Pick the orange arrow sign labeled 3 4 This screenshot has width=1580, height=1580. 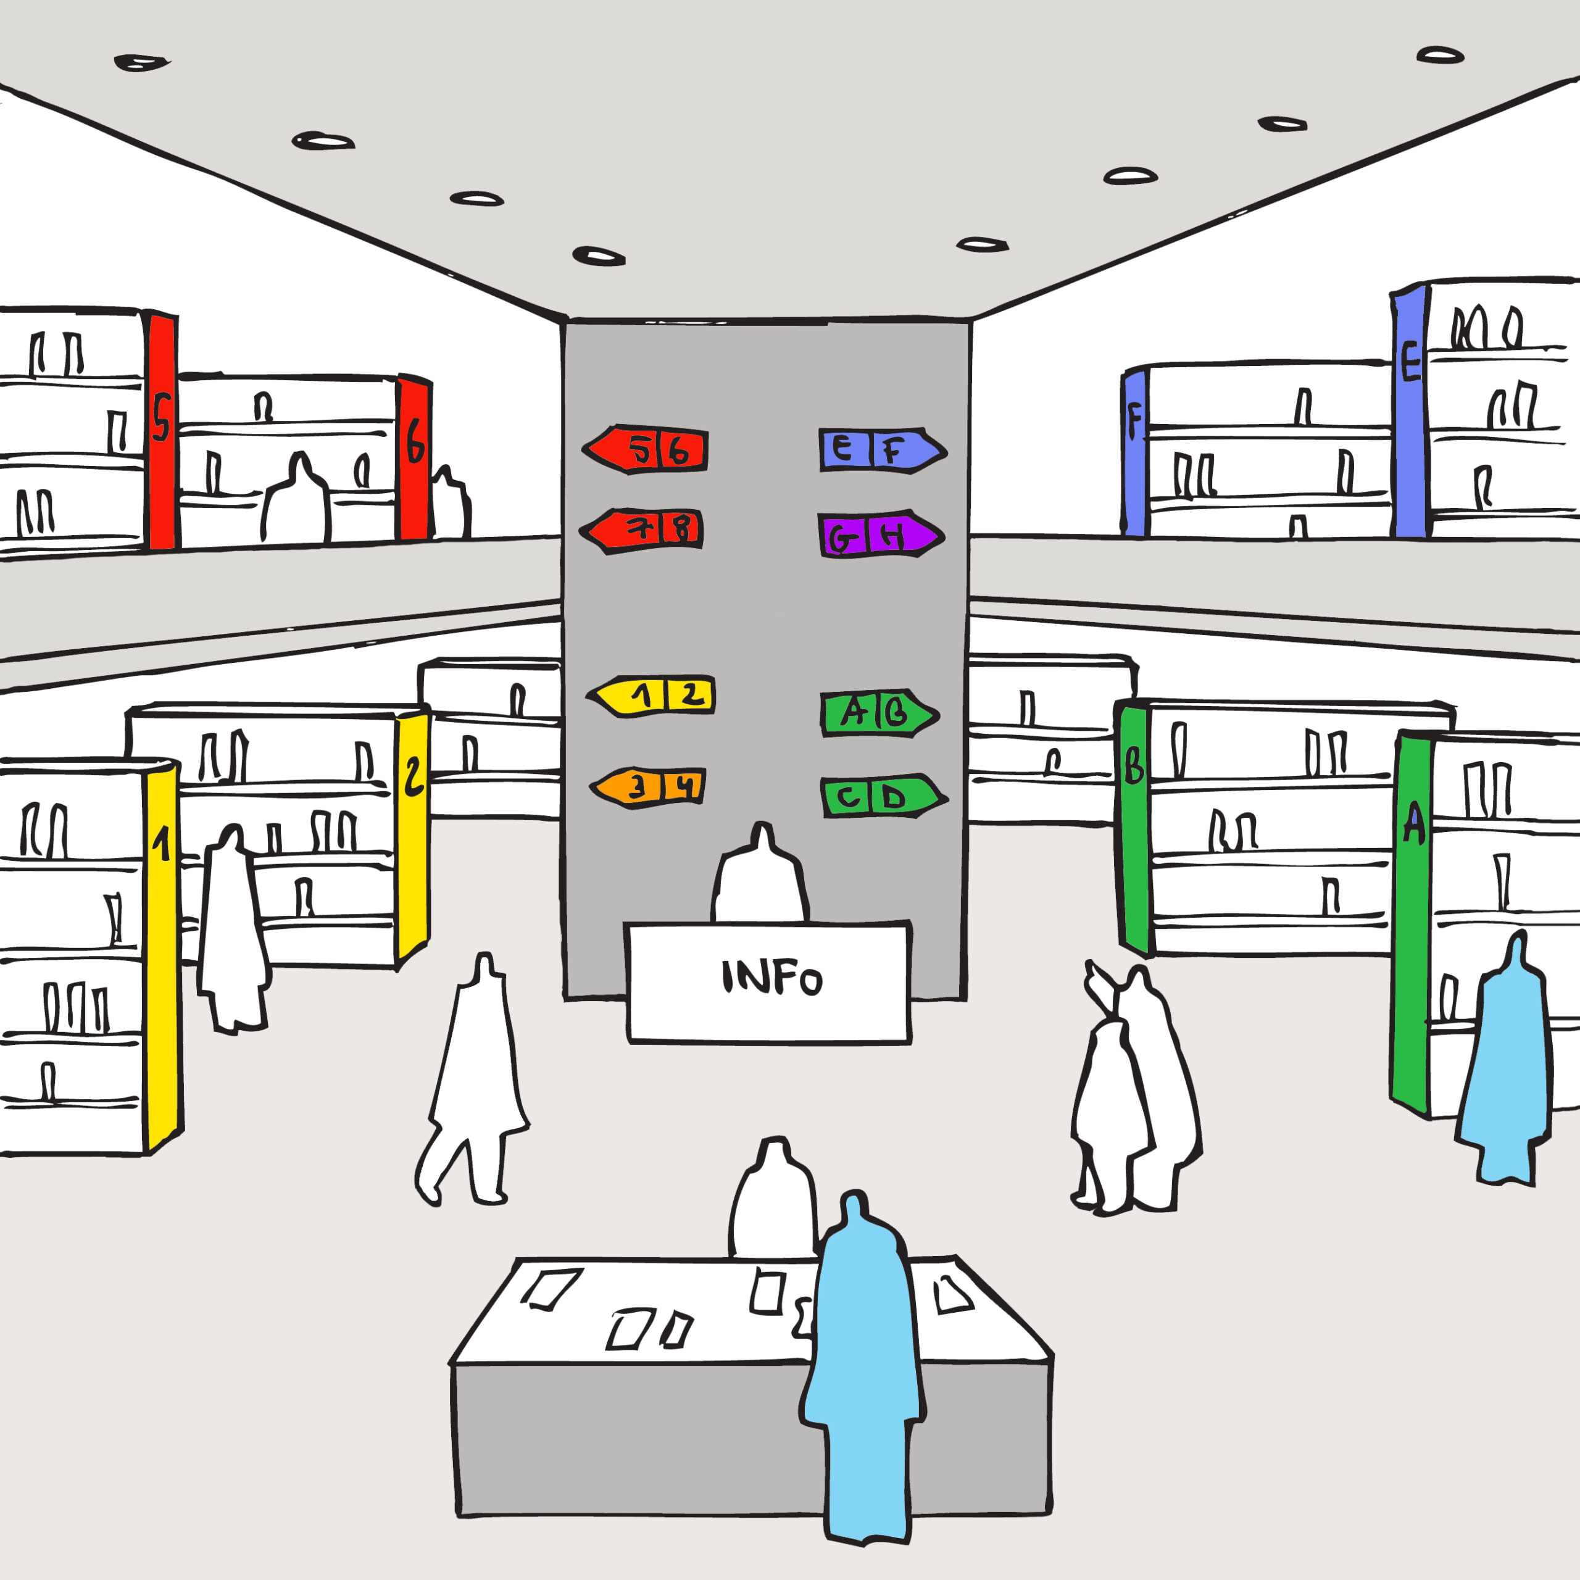(x=649, y=787)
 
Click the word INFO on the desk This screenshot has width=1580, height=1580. (x=771, y=977)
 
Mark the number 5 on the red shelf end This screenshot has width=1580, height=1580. (x=161, y=417)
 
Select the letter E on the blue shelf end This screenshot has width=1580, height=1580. (x=1411, y=362)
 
